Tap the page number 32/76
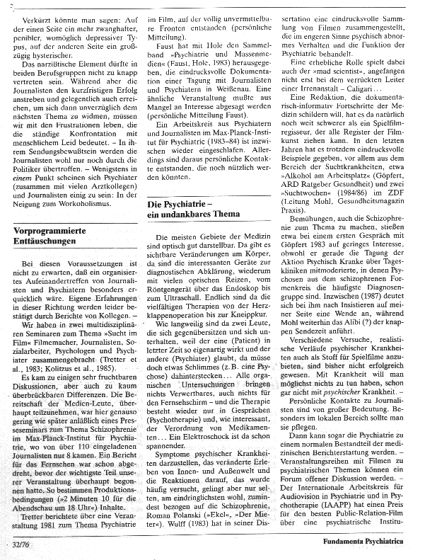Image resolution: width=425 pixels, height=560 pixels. coord(21,544)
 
